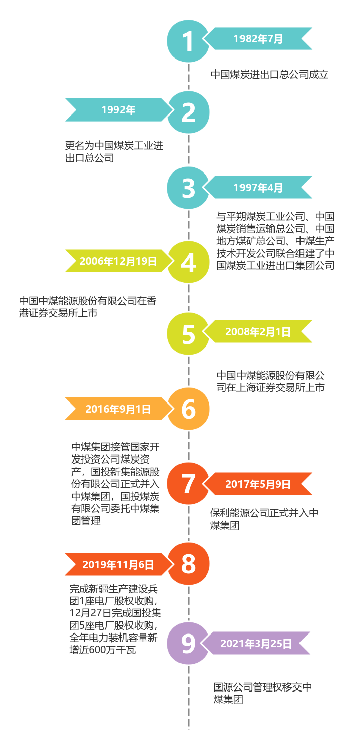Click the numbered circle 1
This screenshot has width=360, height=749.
point(188,41)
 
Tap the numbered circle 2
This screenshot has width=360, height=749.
point(188,112)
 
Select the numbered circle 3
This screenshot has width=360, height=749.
point(188,188)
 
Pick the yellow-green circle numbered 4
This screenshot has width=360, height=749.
point(188,262)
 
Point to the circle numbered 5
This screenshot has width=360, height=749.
point(188,333)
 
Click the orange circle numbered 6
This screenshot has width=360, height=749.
point(188,409)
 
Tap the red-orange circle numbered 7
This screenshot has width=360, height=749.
point(188,484)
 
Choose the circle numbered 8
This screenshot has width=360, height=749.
point(188,564)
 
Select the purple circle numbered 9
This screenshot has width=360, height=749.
point(188,643)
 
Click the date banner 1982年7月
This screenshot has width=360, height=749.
point(258,39)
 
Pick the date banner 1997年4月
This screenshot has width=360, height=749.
point(258,188)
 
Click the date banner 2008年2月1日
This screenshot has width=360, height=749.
point(258,331)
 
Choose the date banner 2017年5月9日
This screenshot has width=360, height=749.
point(258,484)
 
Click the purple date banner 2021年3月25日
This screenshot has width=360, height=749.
point(256,644)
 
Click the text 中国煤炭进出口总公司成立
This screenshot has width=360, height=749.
point(270,75)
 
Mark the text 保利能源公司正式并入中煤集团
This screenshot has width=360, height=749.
point(264,519)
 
